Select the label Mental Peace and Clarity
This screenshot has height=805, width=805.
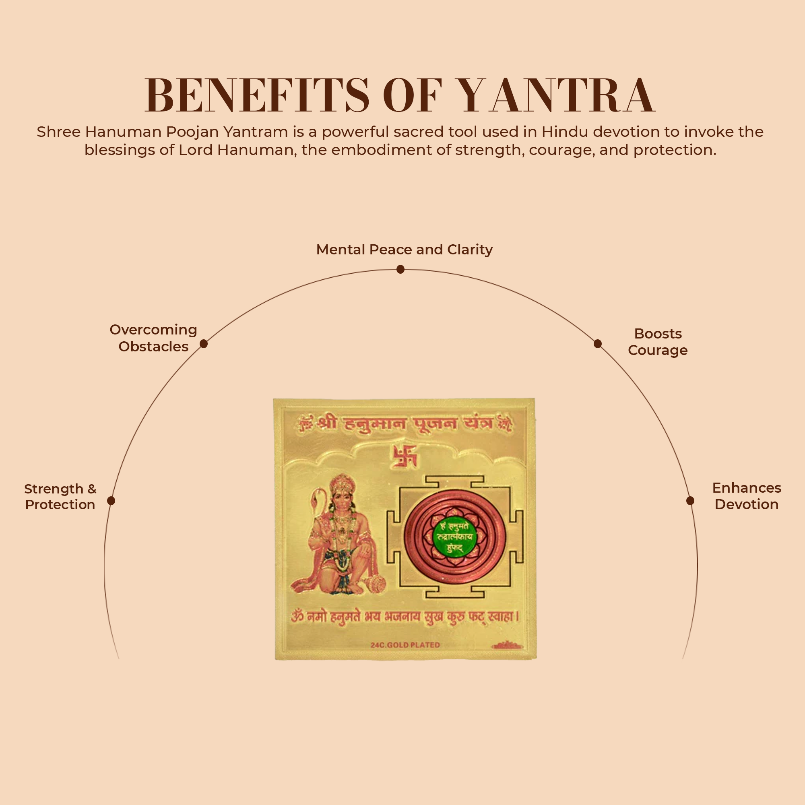[x=404, y=250]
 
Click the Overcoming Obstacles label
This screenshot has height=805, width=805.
[x=153, y=338]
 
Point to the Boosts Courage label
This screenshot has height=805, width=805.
[x=658, y=342]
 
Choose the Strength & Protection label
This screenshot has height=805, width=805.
[x=60, y=496]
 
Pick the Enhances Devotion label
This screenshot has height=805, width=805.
[x=746, y=496]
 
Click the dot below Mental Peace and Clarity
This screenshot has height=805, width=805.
[x=400, y=270]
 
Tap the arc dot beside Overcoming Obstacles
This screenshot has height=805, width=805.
[x=204, y=344]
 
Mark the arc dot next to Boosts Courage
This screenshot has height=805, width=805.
[x=597, y=344]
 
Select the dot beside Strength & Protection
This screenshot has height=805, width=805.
[x=111, y=501]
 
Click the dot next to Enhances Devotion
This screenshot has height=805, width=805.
[x=690, y=501]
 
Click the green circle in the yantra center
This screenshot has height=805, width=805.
[x=454, y=537]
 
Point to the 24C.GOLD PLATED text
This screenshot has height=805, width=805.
[x=405, y=645]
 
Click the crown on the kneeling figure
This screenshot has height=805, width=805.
[x=342, y=484]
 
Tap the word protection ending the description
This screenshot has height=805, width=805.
[x=675, y=150]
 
